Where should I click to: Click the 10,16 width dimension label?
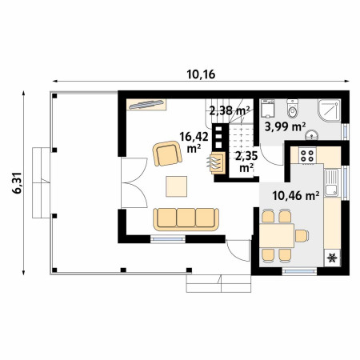pyautogui.click(x=201, y=74)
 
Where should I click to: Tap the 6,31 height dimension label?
pyautogui.click(x=18, y=182)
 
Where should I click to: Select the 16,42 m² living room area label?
pyautogui.click(x=194, y=142)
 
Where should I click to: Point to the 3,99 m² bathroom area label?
pyautogui.click(x=285, y=126)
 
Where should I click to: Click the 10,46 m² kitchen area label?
pyautogui.click(x=296, y=196)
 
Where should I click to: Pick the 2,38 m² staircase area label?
pyautogui.click(x=230, y=110)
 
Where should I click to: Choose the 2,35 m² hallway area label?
pyautogui.click(x=246, y=162)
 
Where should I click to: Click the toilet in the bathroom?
pyautogui.click(x=293, y=108)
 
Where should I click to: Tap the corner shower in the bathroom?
pyautogui.click(x=329, y=110)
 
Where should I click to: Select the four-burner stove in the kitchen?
pyautogui.click(x=307, y=156)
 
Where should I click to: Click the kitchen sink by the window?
pyautogui.click(x=331, y=183)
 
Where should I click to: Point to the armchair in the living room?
pyautogui.click(x=167, y=154)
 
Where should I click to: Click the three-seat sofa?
pyautogui.click(x=186, y=219)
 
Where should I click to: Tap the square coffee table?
pyautogui.click(x=176, y=186)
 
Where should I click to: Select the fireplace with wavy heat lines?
pyautogui.click(x=217, y=163)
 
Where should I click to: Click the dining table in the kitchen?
pyautogui.click(x=277, y=236)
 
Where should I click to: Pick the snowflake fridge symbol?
pyautogui.click(x=332, y=258)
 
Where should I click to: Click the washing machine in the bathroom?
pyautogui.click(x=267, y=109)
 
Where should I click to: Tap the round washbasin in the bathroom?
pyautogui.click(x=311, y=135)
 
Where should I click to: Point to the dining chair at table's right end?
pyautogui.click(x=302, y=236)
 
